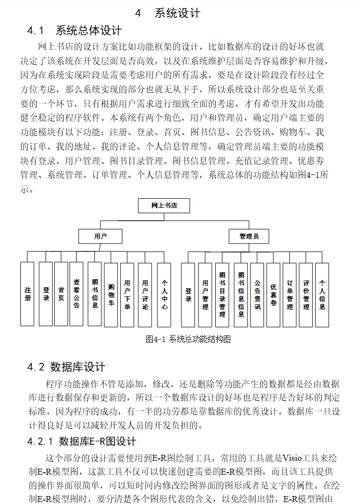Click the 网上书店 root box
coord(164,205)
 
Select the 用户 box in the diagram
coord(100,236)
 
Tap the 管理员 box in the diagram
coord(249,236)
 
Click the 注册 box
coord(27,294)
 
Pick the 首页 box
coord(61,294)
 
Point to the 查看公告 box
coord(76,294)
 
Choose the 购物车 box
coord(111,294)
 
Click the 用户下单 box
coord(128,294)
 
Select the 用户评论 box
coord(145,294)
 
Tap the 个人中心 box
coord(164,294)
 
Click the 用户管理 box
coord(205,295)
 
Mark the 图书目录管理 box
coord(222,295)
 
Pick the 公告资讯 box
coord(257,295)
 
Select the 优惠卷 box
coord(273,295)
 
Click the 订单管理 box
coord(289,295)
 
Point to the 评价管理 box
coord(306,295)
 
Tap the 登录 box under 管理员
coord(188,295)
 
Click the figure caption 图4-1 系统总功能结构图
coord(188,339)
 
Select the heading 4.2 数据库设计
coord(66,367)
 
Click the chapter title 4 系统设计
coord(168,13)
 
